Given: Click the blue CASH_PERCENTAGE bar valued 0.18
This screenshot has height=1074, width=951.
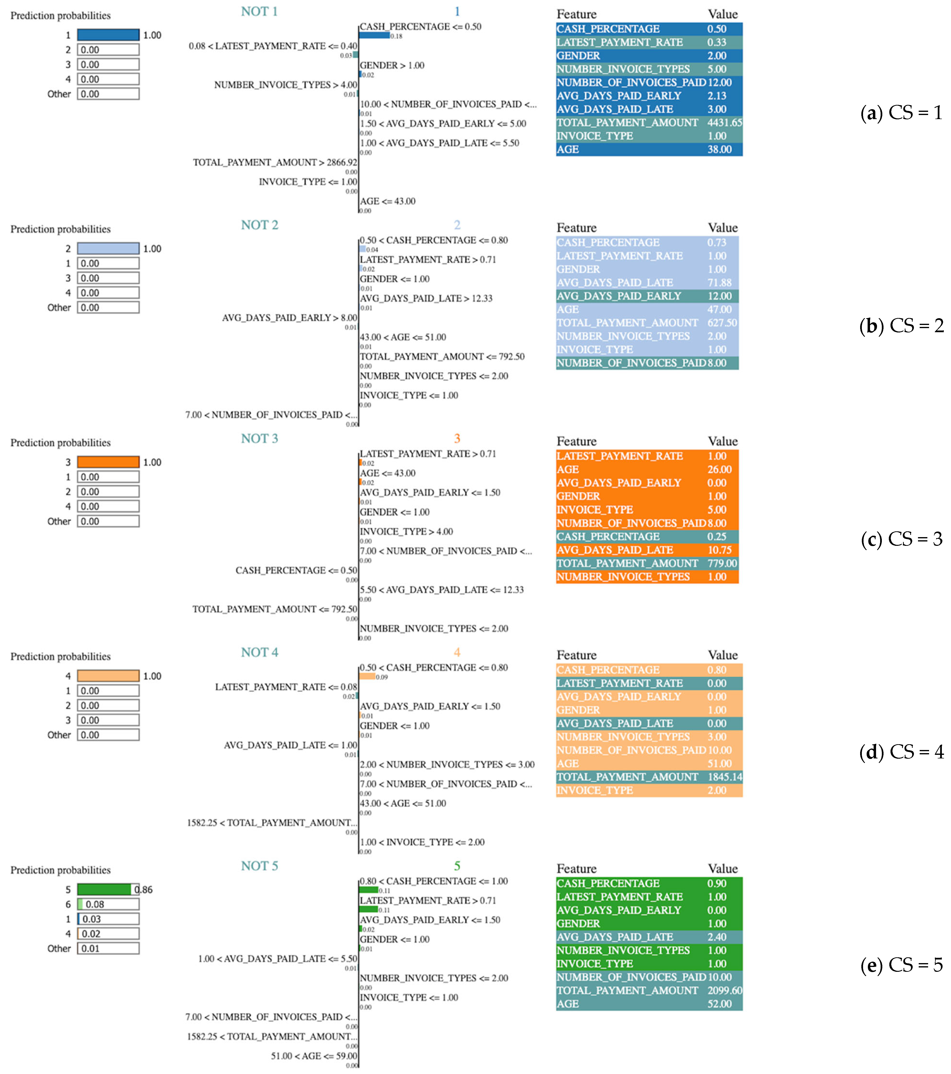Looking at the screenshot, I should (374, 35).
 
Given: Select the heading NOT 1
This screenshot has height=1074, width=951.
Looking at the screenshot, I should (259, 12).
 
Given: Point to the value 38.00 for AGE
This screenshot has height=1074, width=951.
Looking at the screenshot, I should (719, 149).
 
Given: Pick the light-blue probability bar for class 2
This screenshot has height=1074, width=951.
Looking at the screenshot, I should (108, 249).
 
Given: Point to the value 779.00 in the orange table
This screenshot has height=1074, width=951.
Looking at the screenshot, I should (722, 563).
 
